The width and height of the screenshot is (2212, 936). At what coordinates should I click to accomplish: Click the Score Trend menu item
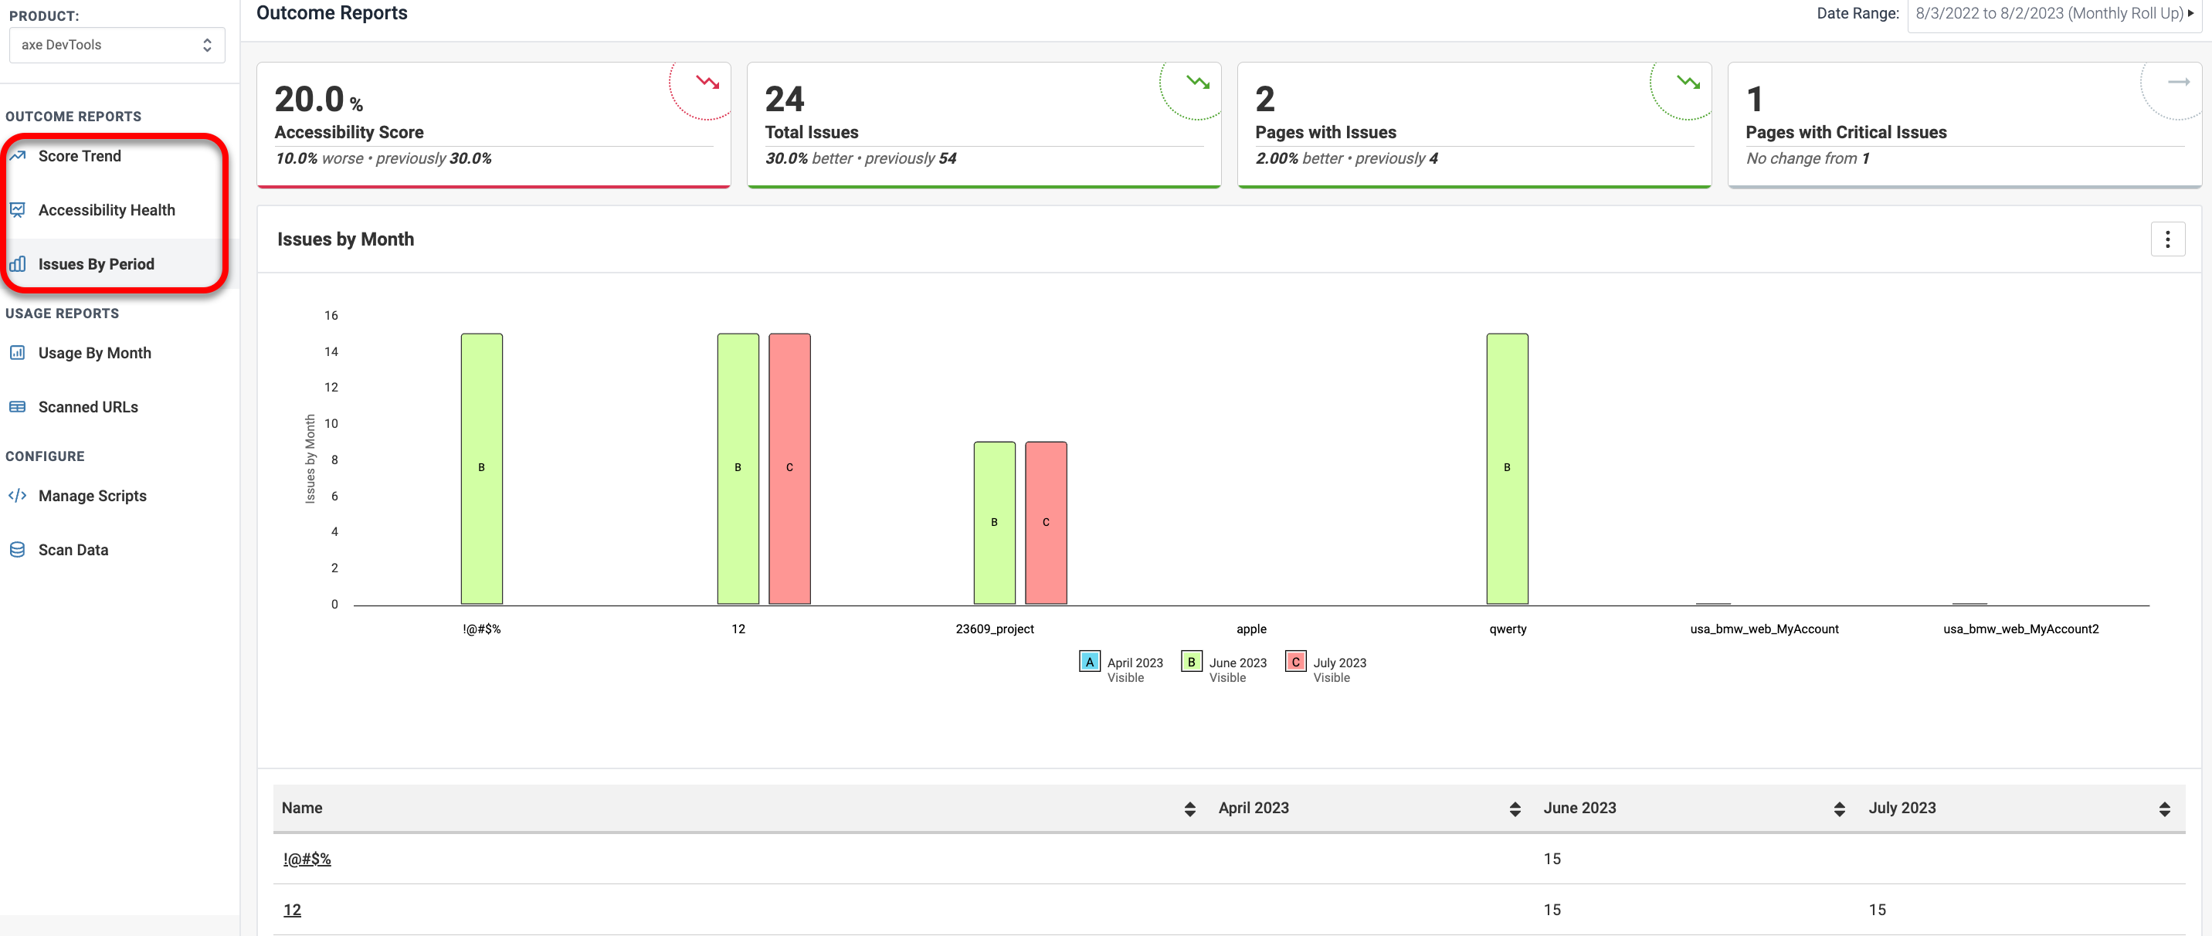click(79, 156)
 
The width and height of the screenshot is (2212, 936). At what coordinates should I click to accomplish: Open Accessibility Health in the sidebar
click(106, 210)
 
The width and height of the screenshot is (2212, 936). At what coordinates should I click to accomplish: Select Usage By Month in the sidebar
click(94, 353)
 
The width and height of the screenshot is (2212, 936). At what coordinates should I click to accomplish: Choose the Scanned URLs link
click(87, 407)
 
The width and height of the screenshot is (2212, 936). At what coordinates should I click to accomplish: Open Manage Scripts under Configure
click(92, 496)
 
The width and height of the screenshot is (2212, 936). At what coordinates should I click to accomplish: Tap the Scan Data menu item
click(73, 550)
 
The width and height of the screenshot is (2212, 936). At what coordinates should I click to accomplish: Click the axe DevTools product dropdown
click(117, 45)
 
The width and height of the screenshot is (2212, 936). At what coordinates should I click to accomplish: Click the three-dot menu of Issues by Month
click(2166, 239)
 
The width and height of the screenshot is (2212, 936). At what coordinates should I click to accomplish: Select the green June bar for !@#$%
click(482, 468)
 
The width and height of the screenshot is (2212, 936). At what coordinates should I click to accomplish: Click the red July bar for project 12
click(789, 468)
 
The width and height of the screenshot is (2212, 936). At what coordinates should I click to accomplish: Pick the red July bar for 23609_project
click(1046, 522)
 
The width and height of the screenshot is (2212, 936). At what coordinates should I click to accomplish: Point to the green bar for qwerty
click(1507, 468)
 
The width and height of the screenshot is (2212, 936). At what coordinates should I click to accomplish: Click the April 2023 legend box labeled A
click(1089, 662)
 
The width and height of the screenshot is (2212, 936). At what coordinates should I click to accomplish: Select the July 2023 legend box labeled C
click(1295, 662)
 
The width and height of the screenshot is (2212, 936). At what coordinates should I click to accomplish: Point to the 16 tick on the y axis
click(331, 315)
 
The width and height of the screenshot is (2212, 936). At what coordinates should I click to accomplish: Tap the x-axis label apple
click(1251, 629)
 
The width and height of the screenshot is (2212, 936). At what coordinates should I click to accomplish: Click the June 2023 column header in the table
click(1579, 808)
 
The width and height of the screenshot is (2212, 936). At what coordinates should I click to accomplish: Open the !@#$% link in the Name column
click(307, 859)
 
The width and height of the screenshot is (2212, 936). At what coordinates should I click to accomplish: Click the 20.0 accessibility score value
click(310, 100)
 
